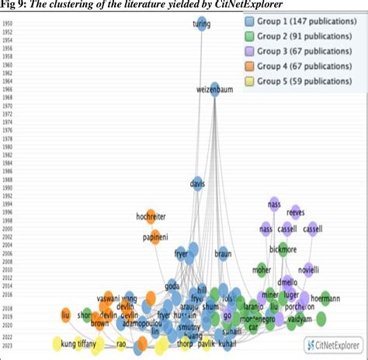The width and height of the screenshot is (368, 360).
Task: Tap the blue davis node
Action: (199, 185)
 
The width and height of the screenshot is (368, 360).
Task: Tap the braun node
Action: (224, 253)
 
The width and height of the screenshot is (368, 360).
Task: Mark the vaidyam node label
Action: (320, 319)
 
